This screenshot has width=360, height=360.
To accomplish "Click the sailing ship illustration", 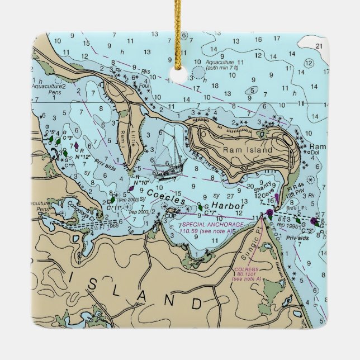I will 170,160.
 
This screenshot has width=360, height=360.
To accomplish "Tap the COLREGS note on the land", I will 244,274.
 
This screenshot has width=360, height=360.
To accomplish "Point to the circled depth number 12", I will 309,63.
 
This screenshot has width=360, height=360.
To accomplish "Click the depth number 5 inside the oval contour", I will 253,90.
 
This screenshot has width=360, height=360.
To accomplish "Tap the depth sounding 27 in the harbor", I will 230,196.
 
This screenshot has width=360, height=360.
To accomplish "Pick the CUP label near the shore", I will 171,215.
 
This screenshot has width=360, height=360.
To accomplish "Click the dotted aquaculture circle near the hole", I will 198,72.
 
